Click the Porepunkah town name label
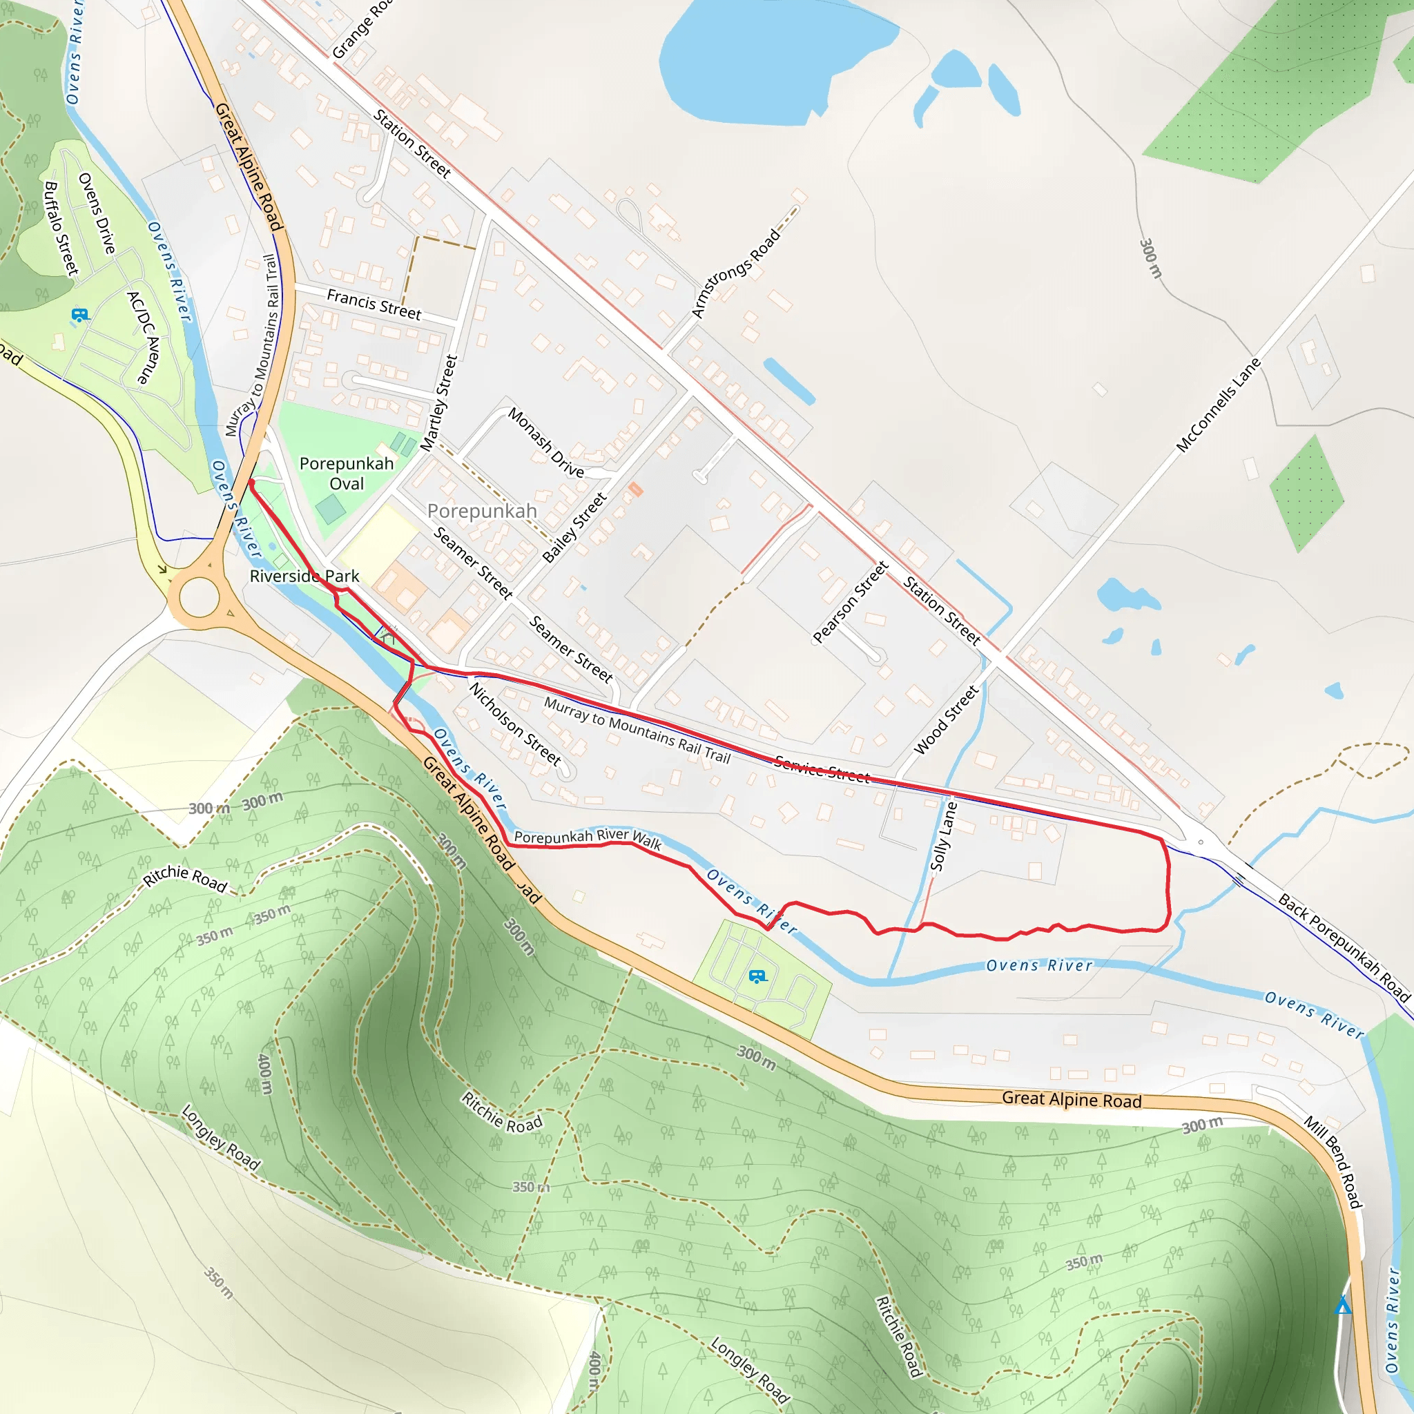point(482,511)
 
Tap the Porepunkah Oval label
point(346,474)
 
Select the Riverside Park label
point(304,576)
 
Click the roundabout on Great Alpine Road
point(199,597)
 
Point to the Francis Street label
point(374,304)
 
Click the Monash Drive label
point(546,443)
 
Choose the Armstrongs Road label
point(735,273)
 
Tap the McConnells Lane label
point(1218,405)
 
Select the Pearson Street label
point(851,601)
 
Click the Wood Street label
point(946,719)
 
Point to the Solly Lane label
point(943,836)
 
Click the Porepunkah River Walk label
point(588,838)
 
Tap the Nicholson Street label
point(514,723)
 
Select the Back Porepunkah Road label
point(1344,947)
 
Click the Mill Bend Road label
point(1332,1161)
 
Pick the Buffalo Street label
point(61,229)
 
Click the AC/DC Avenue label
point(143,338)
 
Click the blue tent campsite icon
point(1343,1305)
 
